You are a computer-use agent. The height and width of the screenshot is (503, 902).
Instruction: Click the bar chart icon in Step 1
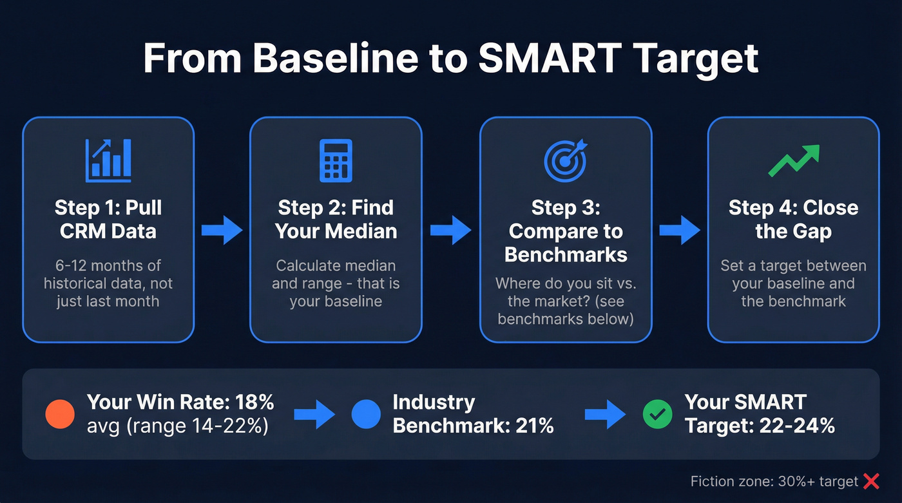point(108,158)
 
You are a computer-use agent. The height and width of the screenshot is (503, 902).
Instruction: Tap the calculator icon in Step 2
point(336,160)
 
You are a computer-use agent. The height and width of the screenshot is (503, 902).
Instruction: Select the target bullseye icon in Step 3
point(565,160)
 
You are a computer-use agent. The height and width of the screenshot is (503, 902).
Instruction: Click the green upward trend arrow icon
point(793,160)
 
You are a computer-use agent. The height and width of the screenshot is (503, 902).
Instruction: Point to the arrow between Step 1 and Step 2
point(222,230)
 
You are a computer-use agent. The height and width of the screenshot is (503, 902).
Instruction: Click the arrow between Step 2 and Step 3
point(451,230)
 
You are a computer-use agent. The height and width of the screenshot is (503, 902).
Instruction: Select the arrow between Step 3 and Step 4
point(679,230)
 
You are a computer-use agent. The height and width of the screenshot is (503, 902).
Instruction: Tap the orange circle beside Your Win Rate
point(61,414)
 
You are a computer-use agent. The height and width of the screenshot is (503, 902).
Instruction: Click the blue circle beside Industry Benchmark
point(366,414)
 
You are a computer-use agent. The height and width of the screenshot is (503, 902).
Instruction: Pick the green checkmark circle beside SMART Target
point(657,414)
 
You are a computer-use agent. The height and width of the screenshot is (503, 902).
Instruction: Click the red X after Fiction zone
point(871,481)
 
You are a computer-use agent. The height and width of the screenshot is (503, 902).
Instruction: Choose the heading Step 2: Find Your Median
point(336,220)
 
